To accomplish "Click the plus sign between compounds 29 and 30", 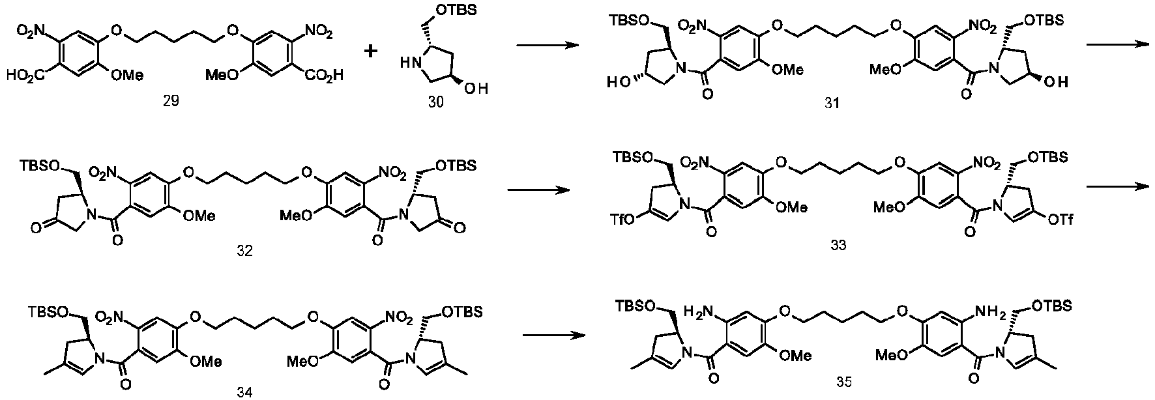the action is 371,50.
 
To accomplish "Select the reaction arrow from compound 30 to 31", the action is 547,46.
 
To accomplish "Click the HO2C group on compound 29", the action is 26,76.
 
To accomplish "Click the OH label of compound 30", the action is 476,88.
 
